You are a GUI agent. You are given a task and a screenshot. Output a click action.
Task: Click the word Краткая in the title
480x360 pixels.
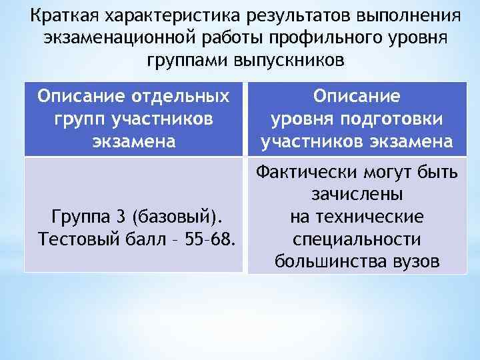coord(59,15)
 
